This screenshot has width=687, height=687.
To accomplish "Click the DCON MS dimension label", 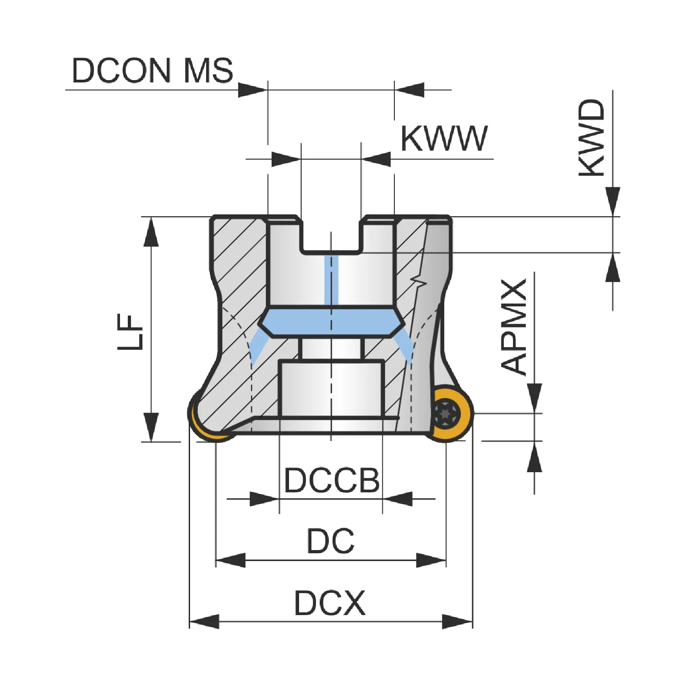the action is pyautogui.click(x=153, y=71).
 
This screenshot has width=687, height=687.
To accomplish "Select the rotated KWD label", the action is pyautogui.click(x=592, y=137).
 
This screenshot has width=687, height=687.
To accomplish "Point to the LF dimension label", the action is pyautogui.click(x=131, y=332).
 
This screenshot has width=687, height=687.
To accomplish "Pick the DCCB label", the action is pyautogui.click(x=332, y=480).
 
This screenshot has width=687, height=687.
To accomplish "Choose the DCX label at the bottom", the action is pyautogui.click(x=330, y=603).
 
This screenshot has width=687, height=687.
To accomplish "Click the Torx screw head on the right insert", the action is pyautogui.click(x=446, y=413).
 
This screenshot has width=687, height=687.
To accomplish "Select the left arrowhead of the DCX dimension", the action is pyautogui.click(x=204, y=622).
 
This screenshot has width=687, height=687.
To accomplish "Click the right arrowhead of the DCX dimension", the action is pyautogui.click(x=457, y=622).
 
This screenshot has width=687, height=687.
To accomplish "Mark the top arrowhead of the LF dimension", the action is pyautogui.click(x=151, y=232).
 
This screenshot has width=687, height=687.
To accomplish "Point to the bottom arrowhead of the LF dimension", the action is pyautogui.click(x=151, y=427).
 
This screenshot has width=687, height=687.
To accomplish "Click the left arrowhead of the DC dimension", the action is pyautogui.click(x=230, y=560).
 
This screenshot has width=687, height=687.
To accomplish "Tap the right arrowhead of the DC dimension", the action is pyautogui.click(x=431, y=560).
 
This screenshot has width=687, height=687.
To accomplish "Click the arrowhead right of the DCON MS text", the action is pyautogui.click(x=253, y=90).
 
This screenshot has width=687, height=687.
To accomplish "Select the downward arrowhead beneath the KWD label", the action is pyautogui.click(x=613, y=202).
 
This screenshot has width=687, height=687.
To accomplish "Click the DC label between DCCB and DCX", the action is pyautogui.click(x=331, y=541).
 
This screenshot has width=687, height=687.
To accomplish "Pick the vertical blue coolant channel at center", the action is pyautogui.click(x=331, y=280).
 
